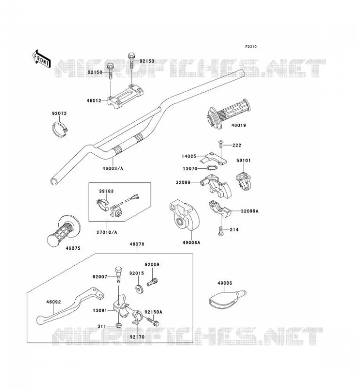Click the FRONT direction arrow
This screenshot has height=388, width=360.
click(x=41, y=59)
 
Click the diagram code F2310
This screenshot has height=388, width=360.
click(x=251, y=47)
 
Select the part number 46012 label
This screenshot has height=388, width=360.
click(x=94, y=101)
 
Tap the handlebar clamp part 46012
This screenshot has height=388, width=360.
click(x=126, y=96)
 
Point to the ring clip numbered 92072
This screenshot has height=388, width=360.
click(x=61, y=129)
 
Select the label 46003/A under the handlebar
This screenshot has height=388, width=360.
click(x=113, y=169)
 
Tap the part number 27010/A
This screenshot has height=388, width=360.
click(x=107, y=232)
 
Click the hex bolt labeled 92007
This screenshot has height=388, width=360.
click(x=118, y=275)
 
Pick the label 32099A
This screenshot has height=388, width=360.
click(x=249, y=211)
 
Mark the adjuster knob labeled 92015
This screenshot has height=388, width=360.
click(x=139, y=289)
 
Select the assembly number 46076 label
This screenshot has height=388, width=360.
click(x=137, y=244)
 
